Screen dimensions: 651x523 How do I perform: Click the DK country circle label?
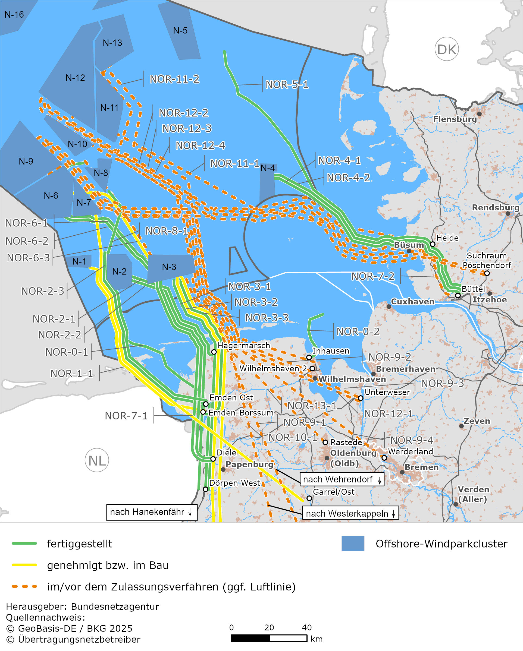point(447,49)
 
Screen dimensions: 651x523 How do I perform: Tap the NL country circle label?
point(97,460)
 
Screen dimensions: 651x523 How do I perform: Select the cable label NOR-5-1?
point(287,84)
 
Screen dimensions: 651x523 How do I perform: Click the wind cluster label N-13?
point(112,43)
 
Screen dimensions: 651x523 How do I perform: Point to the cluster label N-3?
point(169,267)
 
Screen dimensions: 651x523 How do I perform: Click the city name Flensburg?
point(455,119)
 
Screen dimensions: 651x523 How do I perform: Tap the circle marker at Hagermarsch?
point(214,352)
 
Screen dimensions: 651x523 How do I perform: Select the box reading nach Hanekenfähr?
point(152,512)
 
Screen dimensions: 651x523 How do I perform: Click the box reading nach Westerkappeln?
point(350,514)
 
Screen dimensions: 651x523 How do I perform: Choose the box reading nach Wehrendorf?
point(342,479)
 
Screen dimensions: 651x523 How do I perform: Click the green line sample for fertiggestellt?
point(24,543)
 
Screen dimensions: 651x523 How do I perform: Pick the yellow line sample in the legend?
point(24,565)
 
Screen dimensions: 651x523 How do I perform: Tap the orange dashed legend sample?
point(24,587)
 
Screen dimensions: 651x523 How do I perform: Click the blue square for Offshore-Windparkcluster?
point(353,543)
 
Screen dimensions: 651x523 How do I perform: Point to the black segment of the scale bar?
point(250,638)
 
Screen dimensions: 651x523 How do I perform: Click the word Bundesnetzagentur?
point(115,606)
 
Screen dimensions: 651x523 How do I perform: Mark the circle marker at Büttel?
point(458,295)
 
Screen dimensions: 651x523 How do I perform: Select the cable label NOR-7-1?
point(126,416)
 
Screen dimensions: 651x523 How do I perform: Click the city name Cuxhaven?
point(412,302)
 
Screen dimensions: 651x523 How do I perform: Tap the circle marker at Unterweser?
point(361,398)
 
